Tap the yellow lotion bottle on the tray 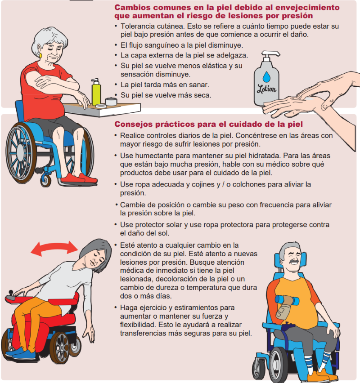click(96, 92)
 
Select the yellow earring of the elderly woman click(40, 55)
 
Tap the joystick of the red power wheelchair click(11, 293)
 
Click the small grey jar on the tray click(111, 101)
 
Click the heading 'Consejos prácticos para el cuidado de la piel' click(209, 124)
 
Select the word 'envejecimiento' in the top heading click(307, 7)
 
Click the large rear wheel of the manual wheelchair click(21, 153)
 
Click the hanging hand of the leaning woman click(89, 334)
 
